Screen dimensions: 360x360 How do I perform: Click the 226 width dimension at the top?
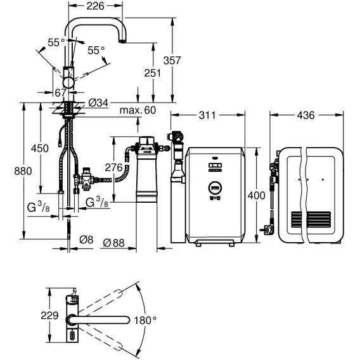pos(95,6)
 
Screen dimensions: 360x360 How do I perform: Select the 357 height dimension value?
pos(172,60)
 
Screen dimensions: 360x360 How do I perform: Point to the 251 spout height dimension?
pos(153,73)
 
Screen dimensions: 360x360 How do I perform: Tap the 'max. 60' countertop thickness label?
pos(138,110)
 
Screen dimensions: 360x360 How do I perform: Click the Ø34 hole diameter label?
pos(98,103)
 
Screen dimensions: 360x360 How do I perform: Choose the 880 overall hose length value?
pos(23,171)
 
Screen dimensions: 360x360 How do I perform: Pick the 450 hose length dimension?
pos(40,148)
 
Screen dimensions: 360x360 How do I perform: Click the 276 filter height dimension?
pos(113,167)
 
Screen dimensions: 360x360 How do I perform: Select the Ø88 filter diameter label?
pos(113,243)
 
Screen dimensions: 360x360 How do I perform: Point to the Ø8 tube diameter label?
pos(86,240)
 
